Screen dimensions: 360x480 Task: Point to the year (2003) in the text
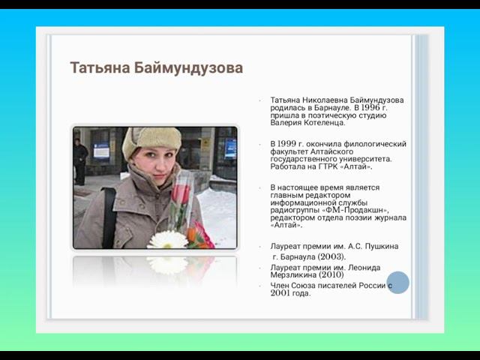point(331,256)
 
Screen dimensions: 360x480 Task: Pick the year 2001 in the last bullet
point(280,293)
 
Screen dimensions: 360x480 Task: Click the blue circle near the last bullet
point(398,283)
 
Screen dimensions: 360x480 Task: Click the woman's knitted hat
point(153,139)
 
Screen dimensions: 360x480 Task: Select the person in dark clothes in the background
point(81,160)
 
